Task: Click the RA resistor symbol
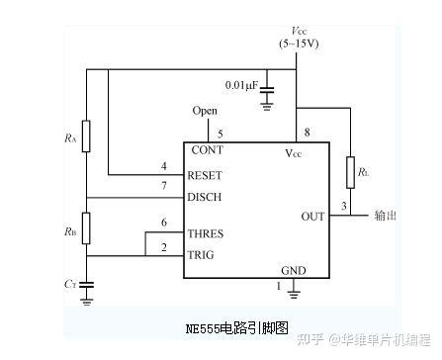(x=86, y=136)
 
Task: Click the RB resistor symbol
(x=86, y=227)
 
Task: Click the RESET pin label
(x=204, y=175)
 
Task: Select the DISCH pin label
(x=204, y=197)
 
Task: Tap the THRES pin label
(x=205, y=234)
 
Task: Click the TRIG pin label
(x=201, y=255)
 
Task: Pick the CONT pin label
(x=207, y=150)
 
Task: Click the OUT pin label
(x=312, y=216)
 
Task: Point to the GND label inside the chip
(x=294, y=270)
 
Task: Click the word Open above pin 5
(x=205, y=111)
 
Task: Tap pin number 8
(x=307, y=134)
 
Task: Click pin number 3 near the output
(x=343, y=206)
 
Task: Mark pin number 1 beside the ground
(x=278, y=287)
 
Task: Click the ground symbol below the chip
(x=294, y=292)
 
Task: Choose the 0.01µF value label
(x=241, y=85)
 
